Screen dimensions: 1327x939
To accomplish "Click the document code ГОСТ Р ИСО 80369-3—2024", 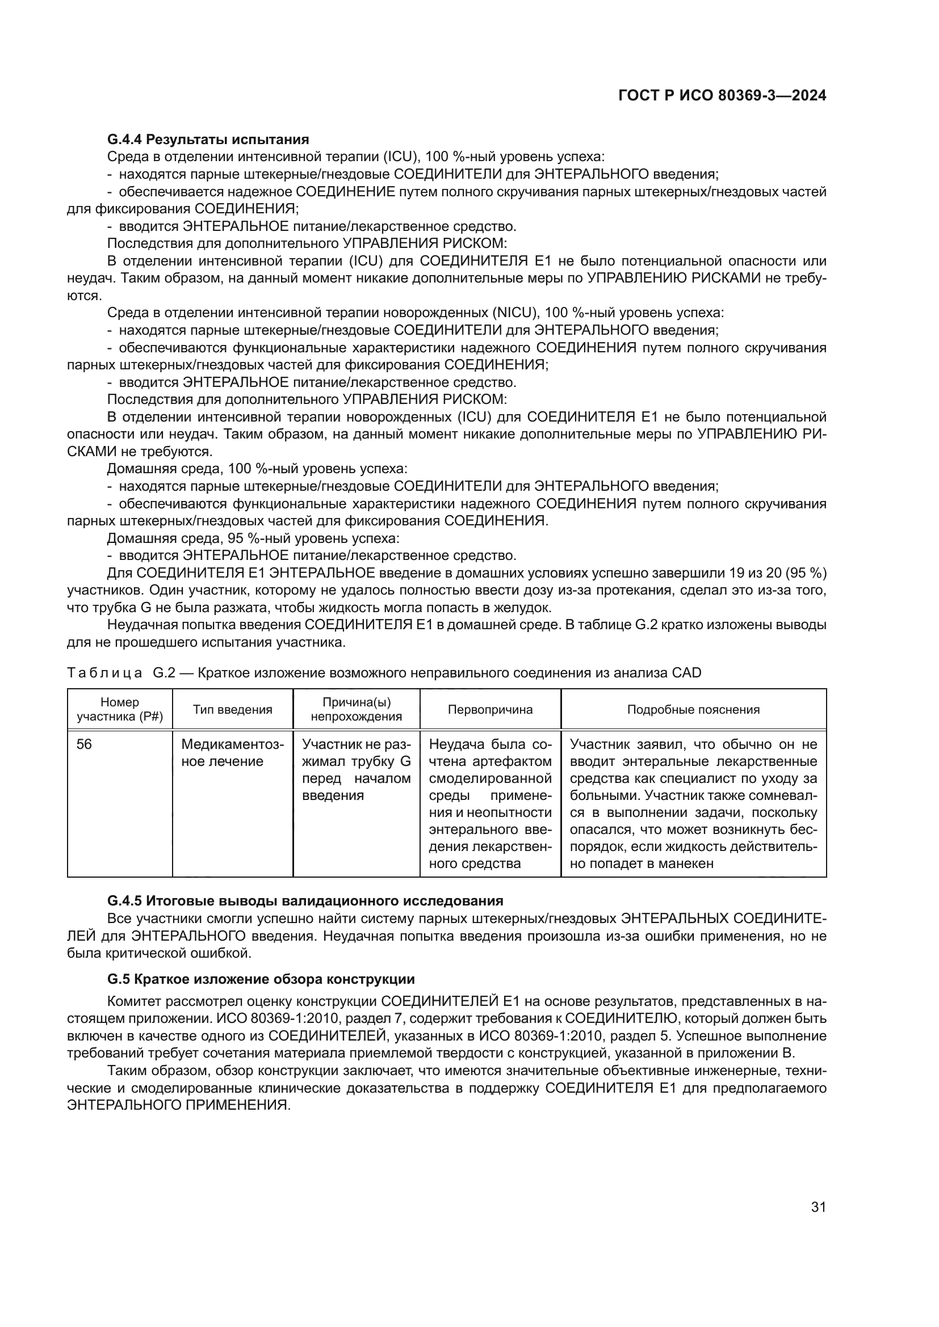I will [x=722, y=95].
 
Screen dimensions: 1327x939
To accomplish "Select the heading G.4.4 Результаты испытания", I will [x=208, y=140].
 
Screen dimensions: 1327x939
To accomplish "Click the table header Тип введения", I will [x=232, y=709].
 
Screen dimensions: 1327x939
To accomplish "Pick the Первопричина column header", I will [x=490, y=709].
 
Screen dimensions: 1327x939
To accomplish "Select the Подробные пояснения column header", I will [x=693, y=709].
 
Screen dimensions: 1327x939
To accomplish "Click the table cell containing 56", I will [x=85, y=744].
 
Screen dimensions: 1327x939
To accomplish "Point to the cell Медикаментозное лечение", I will [x=232, y=752].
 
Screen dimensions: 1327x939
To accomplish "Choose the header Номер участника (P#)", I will [x=120, y=709].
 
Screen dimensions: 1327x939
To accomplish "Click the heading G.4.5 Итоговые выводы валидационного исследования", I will [x=305, y=900].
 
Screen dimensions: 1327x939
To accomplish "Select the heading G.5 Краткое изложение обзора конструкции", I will [x=261, y=979].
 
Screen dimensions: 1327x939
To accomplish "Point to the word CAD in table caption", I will [x=686, y=673].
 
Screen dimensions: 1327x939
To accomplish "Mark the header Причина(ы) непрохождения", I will [x=356, y=709].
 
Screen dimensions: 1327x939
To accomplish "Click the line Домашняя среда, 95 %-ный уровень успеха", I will [x=253, y=538].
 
